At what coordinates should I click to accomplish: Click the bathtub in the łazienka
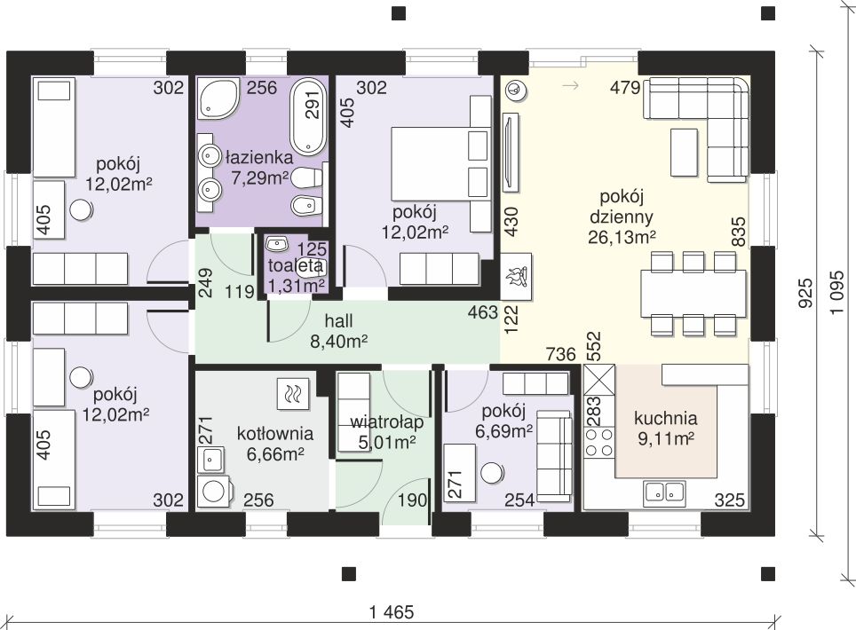point(308,116)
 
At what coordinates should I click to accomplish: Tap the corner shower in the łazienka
point(218,98)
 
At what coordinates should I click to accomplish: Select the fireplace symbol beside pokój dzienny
point(517,276)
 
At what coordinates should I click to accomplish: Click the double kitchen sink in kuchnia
point(664,492)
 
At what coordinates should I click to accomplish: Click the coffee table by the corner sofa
point(684,153)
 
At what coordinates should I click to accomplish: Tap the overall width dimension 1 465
point(392,612)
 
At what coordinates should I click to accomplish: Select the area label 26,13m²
point(622,237)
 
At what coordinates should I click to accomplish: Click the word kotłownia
point(275,434)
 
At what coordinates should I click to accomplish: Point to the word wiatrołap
point(386,422)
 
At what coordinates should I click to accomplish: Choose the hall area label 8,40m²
point(338,342)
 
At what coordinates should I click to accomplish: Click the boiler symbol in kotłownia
point(293,393)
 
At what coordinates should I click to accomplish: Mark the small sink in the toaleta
point(278,243)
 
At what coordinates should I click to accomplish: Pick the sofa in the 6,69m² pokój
point(554,456)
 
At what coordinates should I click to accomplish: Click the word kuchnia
point(665,418)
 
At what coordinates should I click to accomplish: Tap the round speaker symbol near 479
point(515,90)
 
